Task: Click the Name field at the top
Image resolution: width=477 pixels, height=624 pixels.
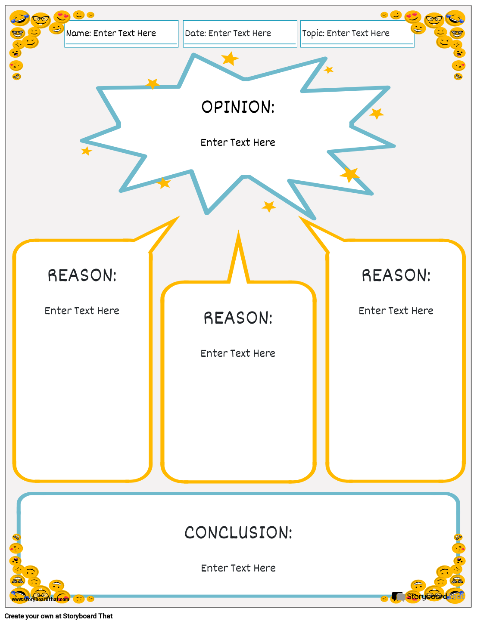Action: (121, 34)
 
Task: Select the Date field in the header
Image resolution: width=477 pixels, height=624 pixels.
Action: (240, 34)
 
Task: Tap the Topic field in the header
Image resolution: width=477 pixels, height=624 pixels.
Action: (357, 34)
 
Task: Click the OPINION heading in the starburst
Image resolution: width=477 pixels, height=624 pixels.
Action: (238, 107)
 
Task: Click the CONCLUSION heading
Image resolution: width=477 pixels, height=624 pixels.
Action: (238, 533)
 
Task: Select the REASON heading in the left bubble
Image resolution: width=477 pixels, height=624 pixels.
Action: (82, 275)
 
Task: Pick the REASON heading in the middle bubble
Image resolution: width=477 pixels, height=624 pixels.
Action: (238, 318)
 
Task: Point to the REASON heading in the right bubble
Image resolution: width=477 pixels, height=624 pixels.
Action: (396, 275)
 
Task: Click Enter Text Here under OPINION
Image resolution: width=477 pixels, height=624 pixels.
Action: (238, 142)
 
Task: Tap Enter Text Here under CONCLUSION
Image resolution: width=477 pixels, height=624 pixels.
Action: (238, 568)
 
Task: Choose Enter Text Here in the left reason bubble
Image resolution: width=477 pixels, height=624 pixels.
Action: (82, 311)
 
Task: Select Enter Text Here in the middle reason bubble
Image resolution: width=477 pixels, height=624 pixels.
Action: (238, 353)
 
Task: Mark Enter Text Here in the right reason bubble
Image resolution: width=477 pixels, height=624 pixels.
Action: (396, 311)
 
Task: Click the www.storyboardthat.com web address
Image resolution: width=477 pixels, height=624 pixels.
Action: (40, 599)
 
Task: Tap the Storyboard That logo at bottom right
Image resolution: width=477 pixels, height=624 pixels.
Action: (427, 596)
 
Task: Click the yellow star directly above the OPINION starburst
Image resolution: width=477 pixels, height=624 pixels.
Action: (230, 59)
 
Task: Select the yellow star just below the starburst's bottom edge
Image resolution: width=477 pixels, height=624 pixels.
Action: (269, 207)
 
